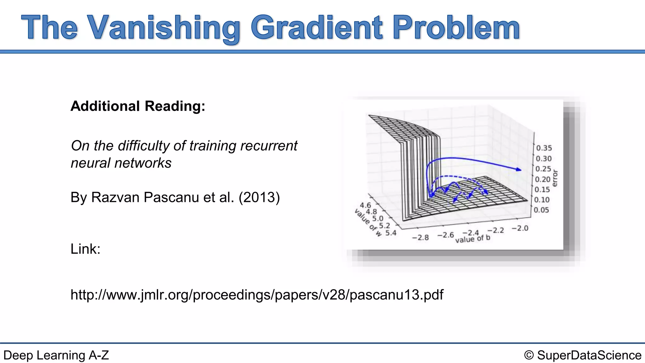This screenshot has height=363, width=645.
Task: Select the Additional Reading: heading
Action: click(x=138, y=106)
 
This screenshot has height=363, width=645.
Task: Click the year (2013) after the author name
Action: click(x=259, y=198)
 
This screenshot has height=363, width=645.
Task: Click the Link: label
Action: click(x=85, y=249)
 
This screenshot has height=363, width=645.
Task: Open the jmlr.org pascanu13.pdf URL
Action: click(x=257, y=295)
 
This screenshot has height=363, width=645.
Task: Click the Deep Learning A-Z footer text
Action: click(x=56, y=355)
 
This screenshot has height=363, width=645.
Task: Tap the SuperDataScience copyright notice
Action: click(x=583, y=355)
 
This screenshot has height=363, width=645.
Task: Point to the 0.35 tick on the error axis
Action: click(x=544, y=148)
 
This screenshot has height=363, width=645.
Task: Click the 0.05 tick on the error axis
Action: click(x=541, y=210)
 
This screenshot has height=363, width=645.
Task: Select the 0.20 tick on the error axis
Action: click(x=543, y=179)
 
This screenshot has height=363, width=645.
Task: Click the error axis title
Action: click(x=555, y=178)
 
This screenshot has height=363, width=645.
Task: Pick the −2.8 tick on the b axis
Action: click(x=420, y=238)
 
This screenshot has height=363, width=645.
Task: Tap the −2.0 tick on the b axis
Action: click(x=520, y=228)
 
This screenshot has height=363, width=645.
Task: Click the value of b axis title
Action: click(x=473, y=239)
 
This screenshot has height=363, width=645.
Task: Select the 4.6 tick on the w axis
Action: click(x=365, y=205)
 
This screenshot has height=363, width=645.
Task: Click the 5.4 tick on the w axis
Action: click(x=391, y=233)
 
